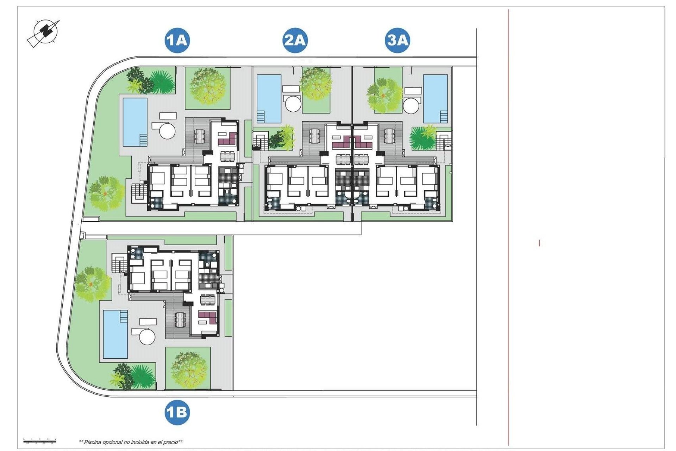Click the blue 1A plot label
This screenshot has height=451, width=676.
pyautogui.click(x=177, y=40)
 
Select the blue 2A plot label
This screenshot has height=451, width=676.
pyautogui.click(x=295, y=40)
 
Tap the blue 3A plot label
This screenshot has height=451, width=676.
pyautogui.click(x=397, y=40)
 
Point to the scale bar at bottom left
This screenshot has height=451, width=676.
pyautogui.click(x=39, y=440)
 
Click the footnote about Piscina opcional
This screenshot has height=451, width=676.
pyautogui.click(x=131, y=442)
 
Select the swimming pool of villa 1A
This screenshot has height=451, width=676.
pyautogui.click(x=134, y=122)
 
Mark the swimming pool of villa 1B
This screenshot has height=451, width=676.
pyautogui.click(x=115, y=334)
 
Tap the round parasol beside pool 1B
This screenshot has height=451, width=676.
pyautogui.click(x=147, y=336)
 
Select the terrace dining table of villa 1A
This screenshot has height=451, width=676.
pyautogui.click(x=199, y=136)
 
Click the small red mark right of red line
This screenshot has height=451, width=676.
pyautogui.click(x=539, y=243)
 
